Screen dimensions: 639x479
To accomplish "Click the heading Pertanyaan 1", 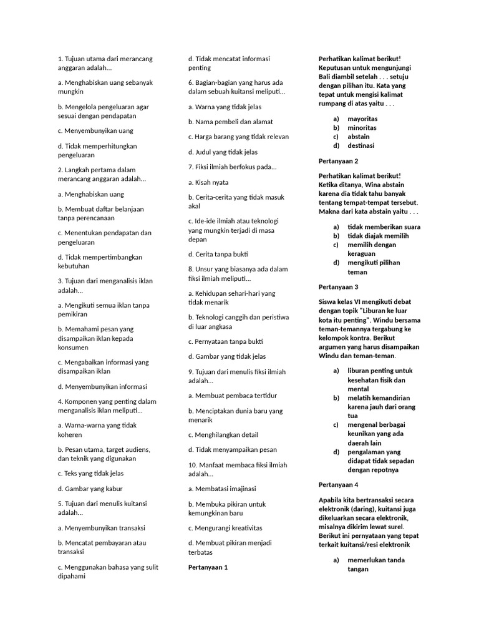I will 208,567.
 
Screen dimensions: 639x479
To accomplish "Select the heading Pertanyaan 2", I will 338,161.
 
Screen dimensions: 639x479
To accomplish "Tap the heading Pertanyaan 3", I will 338,287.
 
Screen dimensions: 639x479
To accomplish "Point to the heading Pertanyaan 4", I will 338,484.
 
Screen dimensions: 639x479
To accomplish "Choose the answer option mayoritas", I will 362,119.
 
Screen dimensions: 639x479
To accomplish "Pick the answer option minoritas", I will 362,128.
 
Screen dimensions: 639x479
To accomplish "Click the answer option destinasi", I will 361,145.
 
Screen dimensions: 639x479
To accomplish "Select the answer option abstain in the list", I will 359,137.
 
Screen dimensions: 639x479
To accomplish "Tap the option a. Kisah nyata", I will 208,182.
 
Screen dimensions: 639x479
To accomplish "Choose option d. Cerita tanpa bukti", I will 218,254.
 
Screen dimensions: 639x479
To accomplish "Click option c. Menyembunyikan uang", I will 95,131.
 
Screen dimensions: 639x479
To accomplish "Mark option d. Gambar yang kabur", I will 90,489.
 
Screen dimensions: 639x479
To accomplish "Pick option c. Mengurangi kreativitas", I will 225,528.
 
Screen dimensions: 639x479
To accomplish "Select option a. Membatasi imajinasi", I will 222,489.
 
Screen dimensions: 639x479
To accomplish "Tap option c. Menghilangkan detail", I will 223,434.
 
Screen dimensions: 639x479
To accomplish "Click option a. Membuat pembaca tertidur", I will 233,396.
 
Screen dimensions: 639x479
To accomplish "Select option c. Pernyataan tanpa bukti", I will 226,341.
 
